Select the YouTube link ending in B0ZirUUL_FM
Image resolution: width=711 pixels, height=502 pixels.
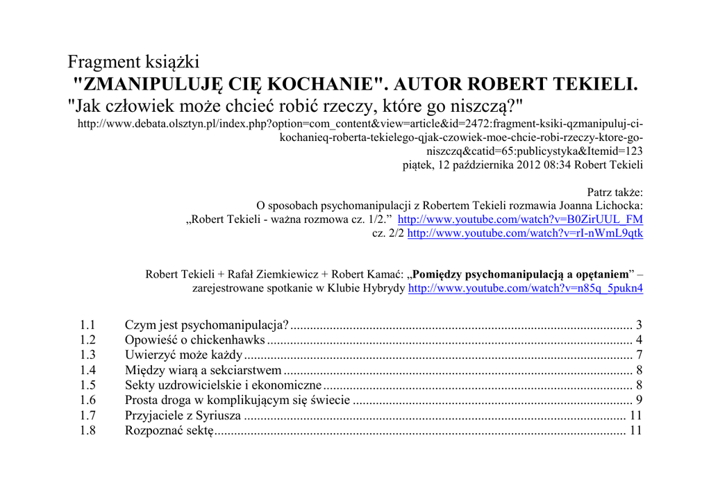point(520,219)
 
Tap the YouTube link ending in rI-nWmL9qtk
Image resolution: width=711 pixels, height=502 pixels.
point(525,233)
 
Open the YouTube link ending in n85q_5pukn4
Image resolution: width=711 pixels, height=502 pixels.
point(526,288)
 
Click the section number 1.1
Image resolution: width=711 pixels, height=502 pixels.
point(87,325)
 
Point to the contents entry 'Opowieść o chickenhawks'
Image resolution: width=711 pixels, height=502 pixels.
point(194,340)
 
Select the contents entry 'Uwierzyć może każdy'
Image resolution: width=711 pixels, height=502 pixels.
point(183,355)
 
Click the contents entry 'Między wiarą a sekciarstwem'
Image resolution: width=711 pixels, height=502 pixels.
point(203,371)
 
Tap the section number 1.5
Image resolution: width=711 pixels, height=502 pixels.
point(87,385)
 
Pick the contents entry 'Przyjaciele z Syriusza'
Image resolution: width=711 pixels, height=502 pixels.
point(183,416)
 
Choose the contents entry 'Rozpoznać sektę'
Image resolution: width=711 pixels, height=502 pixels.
point(169,431)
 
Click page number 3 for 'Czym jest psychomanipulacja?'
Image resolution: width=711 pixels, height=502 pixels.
point(639,325)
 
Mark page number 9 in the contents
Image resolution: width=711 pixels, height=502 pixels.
point(639,401)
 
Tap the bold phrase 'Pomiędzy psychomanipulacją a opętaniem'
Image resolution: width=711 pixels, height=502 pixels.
point(520,274)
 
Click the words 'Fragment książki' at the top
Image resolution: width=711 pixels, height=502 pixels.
point(133,62)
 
